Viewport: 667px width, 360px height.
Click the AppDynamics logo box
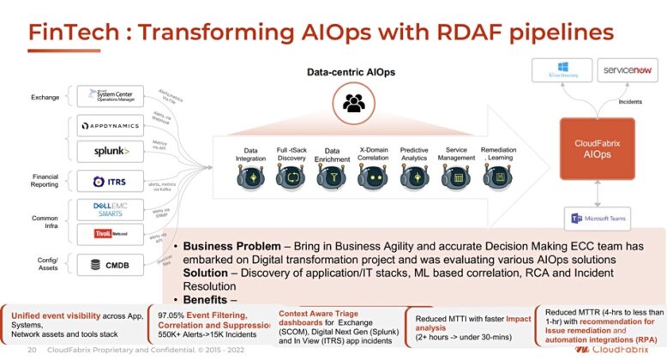pyautogui.click(x=111, y=126)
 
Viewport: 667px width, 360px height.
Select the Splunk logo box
pyautogui.click(x=111, y=152)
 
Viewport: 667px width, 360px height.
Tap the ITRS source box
pyautogui.click(x=111, y=181)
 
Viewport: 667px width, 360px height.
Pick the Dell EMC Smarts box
pyautogui.click(x=111, y=208)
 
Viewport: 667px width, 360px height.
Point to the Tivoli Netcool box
pyautogui.click(x=111, y=232)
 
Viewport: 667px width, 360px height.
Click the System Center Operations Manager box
pyautogui.click(x=111, y=96)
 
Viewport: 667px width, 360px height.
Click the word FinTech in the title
pyautogui.click(x=74, y=32)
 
